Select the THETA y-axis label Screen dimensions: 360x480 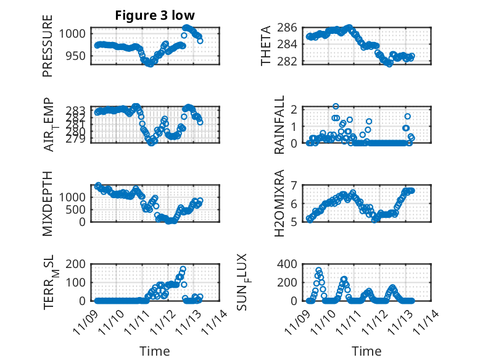point(266,46)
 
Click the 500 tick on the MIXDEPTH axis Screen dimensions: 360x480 point(81,209)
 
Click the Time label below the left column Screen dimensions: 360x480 point(154,351)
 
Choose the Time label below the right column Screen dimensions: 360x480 point(366,351)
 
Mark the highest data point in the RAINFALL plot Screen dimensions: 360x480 point(336,106)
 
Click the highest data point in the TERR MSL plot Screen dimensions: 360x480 point(183,269)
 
